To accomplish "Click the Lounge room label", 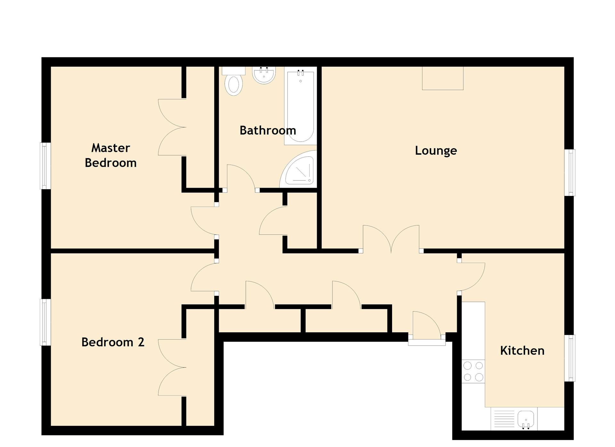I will (x=436, y=151).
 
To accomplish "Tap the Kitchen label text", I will (x=522, y=351).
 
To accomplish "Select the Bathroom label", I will (x=267, y=130).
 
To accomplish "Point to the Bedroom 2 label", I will (x=113, y=342).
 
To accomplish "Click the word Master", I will (x=111, y=148).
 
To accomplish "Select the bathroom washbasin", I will (x=264, y=75).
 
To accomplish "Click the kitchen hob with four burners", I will (x=473, y=371).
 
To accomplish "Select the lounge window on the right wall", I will (x=570, y=172).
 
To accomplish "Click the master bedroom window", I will (x=45, y=166).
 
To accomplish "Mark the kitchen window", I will (x=570, y=358).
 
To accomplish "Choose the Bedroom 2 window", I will (x=45, y=322).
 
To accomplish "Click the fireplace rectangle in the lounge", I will (x=442, y=78).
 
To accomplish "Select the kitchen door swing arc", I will (x=472, y=276).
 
